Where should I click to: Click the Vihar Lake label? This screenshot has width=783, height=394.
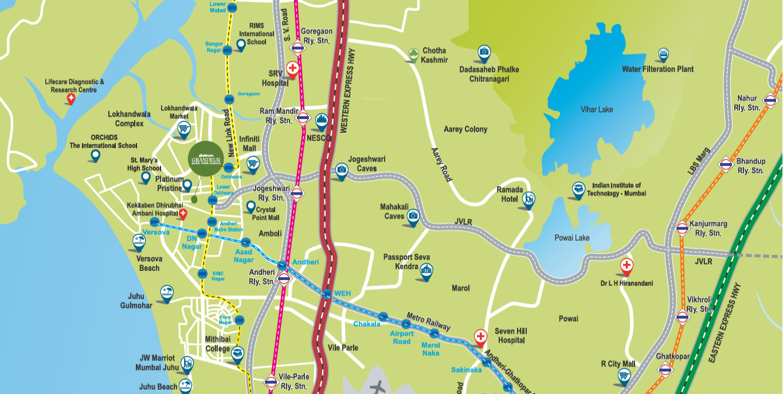tap(597, 109)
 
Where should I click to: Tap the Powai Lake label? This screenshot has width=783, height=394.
tap(571, 238)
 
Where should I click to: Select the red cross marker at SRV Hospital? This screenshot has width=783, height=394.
tap(292, 69)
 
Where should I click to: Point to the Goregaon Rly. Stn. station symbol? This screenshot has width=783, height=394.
tap(297, 48)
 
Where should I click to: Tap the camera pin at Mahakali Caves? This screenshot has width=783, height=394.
tap(413, 216)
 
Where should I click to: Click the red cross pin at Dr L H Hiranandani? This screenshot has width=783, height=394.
tap(627, 266)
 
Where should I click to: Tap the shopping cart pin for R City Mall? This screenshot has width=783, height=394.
tap(624, 375)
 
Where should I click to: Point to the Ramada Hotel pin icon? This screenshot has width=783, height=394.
tap(528, 199)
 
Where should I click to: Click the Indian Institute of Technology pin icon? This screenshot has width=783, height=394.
tap(578, 189)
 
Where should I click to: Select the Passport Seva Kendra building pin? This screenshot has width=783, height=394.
tap(426, 270)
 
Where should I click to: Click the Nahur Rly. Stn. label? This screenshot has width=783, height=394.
tap(747, 103)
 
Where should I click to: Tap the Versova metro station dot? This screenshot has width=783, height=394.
tap(154, 222)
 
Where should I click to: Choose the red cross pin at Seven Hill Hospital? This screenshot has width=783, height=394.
tap(480, 336)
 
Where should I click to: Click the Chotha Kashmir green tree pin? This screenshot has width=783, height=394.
tap(413, 54)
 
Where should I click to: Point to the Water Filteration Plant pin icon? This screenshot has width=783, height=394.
tap(663, 54)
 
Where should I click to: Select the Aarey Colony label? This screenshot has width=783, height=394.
tap(465, 129)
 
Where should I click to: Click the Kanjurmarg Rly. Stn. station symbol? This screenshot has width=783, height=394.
tap(682, 228)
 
